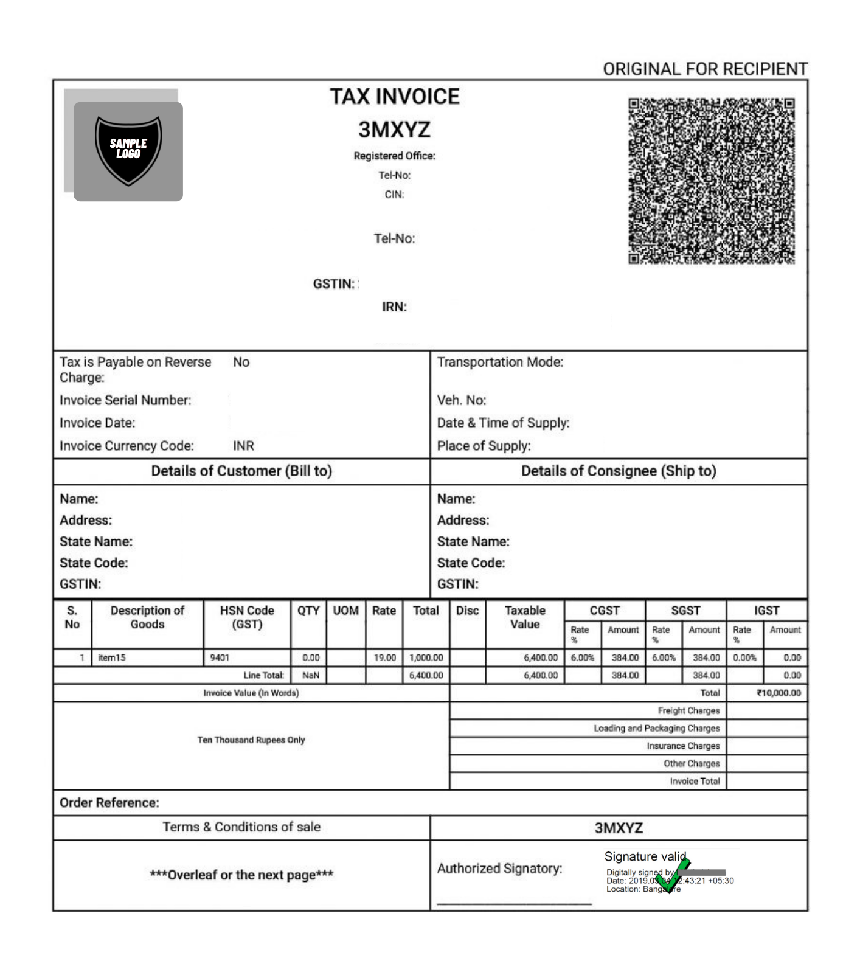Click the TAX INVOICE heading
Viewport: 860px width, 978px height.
tap(395, 97)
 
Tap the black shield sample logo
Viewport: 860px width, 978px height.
tap(128, 150)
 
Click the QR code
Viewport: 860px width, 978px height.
tap(711, 181)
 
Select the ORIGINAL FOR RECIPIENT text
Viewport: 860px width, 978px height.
tap(705, 69)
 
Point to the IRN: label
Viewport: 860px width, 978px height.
tap(394, 307)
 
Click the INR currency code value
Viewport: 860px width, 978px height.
tap(243, 446)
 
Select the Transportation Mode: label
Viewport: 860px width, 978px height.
tap(500, 362)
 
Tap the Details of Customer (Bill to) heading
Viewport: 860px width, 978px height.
tap(241, 471)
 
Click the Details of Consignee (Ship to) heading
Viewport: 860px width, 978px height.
tap(619, 471)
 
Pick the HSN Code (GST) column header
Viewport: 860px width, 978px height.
tap(247, 617)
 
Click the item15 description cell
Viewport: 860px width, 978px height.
tap(112, 657)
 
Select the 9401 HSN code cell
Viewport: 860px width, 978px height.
tap(220, 657)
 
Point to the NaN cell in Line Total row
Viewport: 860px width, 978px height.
tap(310, 675)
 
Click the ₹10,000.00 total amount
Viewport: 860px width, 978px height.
tap(779, 693)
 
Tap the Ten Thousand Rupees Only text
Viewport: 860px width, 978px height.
tap(251, 740)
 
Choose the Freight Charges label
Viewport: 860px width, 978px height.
tap(688, 710)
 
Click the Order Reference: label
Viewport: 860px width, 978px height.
tap(109, 803)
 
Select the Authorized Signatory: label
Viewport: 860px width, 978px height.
tap(499, 869)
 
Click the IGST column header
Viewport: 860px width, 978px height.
tap(766, 611)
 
